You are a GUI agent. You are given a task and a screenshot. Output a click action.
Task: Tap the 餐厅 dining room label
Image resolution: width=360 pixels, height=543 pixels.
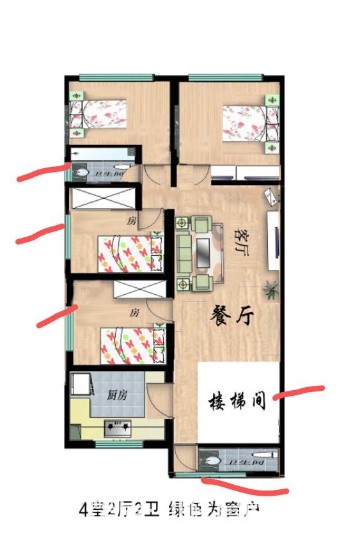[233, 317]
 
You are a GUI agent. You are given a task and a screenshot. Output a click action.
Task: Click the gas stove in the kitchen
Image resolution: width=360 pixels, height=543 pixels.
[118, 425]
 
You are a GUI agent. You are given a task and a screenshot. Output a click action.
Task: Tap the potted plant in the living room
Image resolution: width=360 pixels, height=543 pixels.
[271, 289]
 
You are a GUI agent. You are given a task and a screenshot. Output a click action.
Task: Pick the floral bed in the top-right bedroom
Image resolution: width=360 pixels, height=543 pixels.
[246, 121]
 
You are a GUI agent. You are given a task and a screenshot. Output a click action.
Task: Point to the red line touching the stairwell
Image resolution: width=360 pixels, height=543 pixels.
[299, 392]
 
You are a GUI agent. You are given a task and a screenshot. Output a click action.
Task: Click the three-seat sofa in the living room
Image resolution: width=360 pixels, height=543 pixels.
[184, 253]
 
